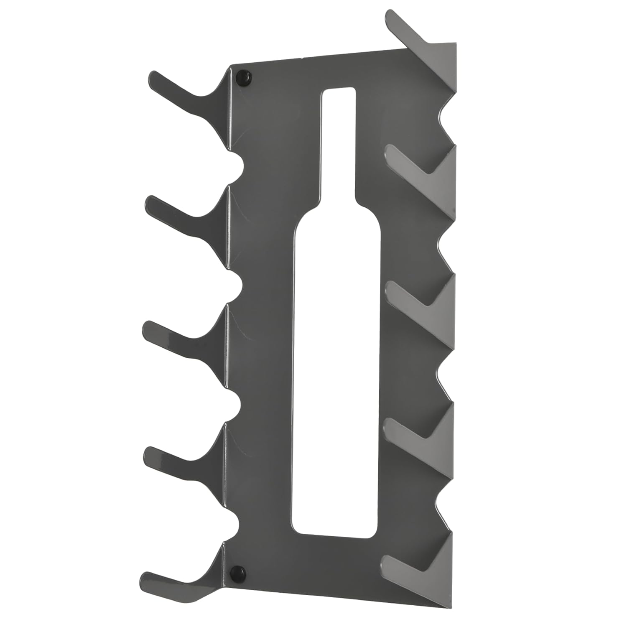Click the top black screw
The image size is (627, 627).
244,78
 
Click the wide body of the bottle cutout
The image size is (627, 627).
338,376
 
